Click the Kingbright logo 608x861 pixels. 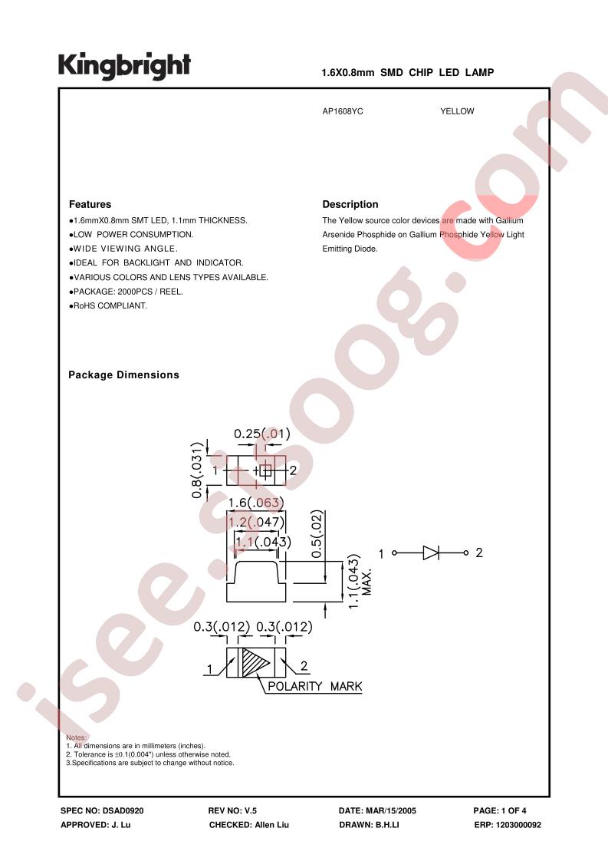coord(124,66)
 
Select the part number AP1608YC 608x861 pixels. coord(343,111)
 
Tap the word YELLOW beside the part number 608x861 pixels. coord(457,111)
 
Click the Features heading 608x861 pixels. coord(90,204)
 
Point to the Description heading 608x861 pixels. coord(350,204)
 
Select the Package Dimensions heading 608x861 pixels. coord(123,375)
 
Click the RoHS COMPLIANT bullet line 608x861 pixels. coord(108,306)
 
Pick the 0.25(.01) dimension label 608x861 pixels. coord(261,434)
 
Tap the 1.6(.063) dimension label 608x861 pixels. coord(256,503)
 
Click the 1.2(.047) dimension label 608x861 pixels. coord(256,522)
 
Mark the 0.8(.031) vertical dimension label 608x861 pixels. coord(198,470)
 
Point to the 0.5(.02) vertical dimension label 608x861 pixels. coord(317,534)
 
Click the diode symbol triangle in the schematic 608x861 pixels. coord(431,553)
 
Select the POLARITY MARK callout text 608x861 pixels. coord(315,686)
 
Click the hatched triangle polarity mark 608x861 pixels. coord(256,663)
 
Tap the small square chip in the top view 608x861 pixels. coord(265,470)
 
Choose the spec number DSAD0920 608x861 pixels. coord(123,810)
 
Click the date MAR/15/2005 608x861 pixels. coord(391,810)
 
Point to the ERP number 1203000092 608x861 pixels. coord(518,825)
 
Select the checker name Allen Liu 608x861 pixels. coord(271,825)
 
